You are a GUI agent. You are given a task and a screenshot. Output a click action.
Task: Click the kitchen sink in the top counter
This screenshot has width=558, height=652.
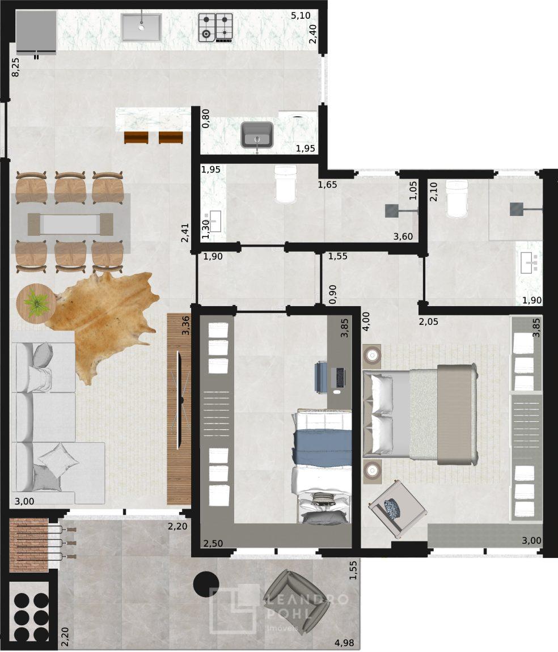141,27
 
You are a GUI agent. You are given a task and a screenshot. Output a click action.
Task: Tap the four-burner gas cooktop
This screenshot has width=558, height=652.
215,28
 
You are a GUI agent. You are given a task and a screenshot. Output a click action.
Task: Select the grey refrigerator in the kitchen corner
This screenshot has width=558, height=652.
36,32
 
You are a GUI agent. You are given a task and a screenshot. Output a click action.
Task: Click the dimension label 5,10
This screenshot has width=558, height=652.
301,16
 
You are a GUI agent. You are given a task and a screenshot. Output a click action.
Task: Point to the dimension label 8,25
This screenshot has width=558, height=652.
15,67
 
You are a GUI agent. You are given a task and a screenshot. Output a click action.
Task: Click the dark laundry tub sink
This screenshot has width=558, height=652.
257,135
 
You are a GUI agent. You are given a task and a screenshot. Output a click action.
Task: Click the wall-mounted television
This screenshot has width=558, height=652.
180,400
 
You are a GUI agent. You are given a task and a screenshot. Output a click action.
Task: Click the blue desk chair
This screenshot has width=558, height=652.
320,377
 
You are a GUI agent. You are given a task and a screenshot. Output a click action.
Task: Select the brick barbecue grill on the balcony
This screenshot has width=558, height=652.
29,545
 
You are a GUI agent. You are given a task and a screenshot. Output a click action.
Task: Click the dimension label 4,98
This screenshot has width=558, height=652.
344,643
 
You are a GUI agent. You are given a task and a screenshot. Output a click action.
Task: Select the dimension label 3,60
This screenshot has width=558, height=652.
403,236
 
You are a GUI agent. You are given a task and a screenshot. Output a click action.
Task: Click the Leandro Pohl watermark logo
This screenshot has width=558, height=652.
278,609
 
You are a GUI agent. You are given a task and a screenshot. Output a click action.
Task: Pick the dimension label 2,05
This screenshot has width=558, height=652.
428,321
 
